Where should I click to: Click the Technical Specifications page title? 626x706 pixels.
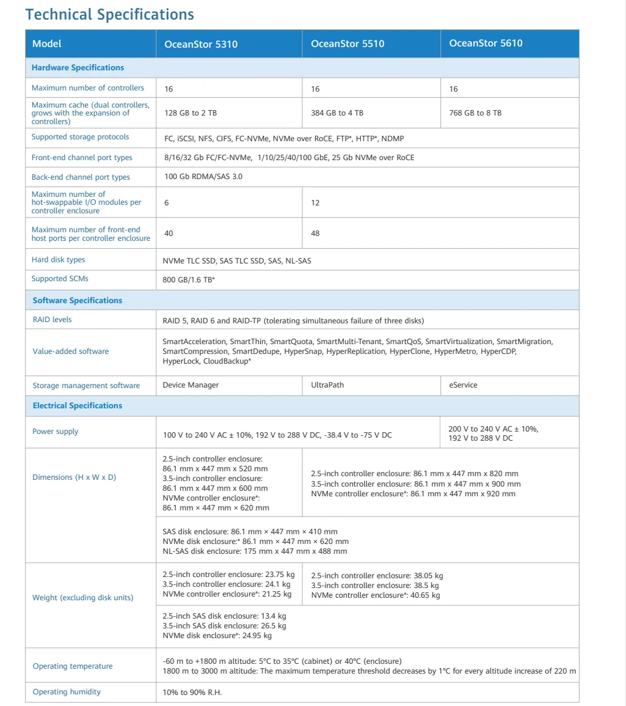tap(110, 14)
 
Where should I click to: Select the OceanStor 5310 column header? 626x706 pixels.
tap(201, 44)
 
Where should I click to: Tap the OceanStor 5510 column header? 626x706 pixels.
tap(348, 44)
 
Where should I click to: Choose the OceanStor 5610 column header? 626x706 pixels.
tap(486, 43)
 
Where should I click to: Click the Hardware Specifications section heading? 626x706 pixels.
tap(78, 68)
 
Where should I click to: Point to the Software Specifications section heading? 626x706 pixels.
tap(77, 301)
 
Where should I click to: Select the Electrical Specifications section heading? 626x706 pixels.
tap(77, 406)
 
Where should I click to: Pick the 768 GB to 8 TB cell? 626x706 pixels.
tap(475, 113)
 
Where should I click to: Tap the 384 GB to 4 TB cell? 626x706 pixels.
tap(337, 113)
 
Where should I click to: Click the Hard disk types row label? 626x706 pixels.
tap(59, 260)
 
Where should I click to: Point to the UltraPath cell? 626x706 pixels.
tap(327, 386)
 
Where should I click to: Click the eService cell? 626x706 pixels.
tap(464, 386)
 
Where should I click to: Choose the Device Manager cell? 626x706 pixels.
tap(191, 386)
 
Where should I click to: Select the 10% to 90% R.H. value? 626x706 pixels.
tap(192, 693)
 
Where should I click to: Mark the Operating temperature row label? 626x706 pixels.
tap(73, 666)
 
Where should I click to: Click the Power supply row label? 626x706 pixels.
tap(56, 432)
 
